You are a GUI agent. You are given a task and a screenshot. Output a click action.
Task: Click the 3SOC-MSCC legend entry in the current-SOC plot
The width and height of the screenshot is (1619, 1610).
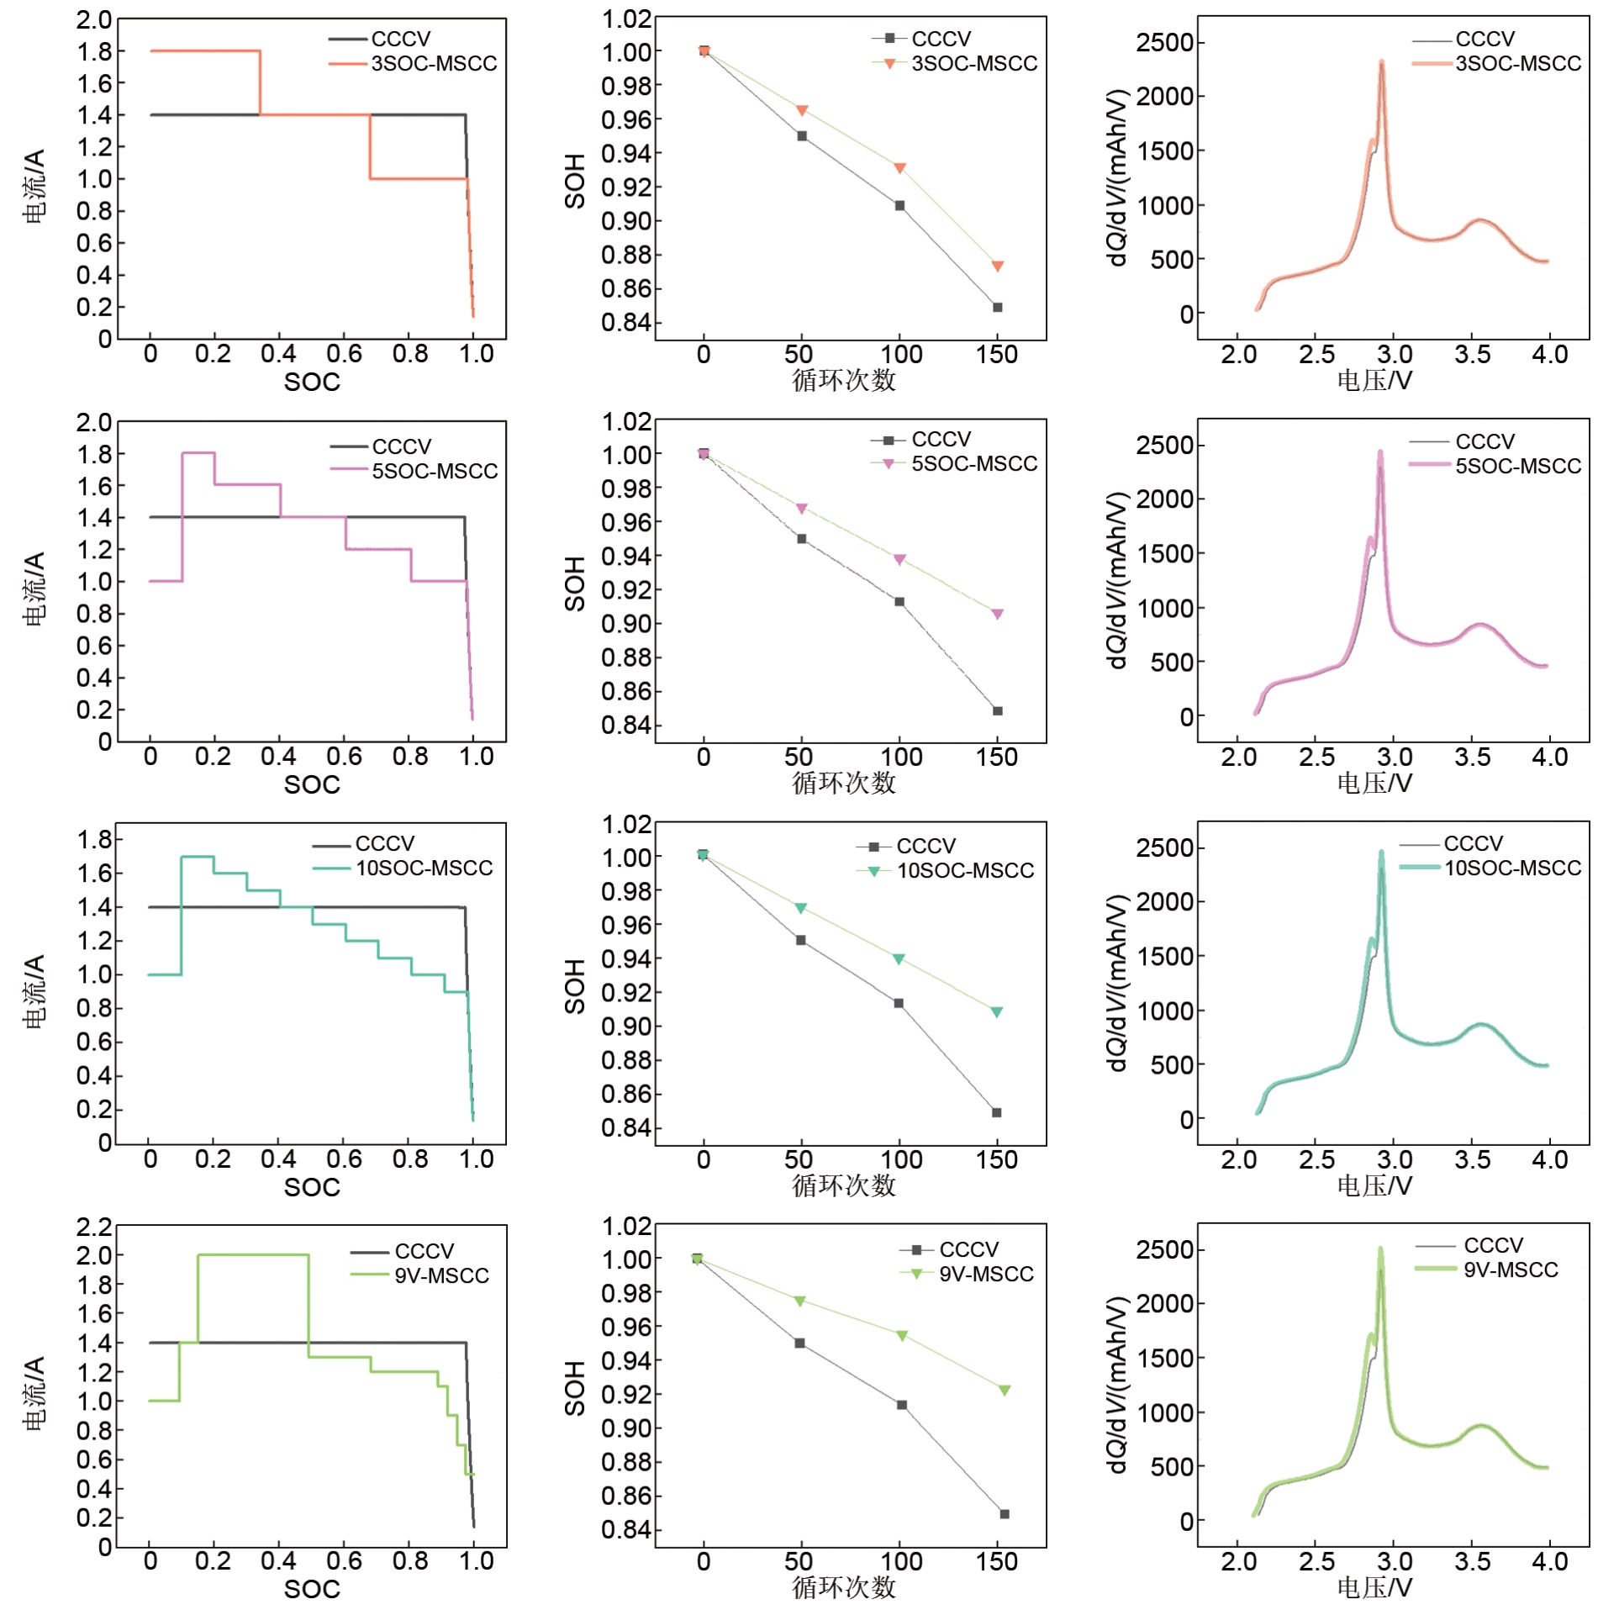coord(433,64)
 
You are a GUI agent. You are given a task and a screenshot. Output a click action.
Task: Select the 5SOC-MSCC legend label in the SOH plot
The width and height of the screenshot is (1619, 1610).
coord(973,464)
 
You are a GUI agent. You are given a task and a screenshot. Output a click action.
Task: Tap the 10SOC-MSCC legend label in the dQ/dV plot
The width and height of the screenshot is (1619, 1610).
coord(1511,868)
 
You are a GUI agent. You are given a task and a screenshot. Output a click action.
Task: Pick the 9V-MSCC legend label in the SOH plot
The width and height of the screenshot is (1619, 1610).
coord(985,1274)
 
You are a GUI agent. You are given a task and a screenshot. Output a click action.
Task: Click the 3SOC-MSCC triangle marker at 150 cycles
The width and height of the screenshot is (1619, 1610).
coord(997,267)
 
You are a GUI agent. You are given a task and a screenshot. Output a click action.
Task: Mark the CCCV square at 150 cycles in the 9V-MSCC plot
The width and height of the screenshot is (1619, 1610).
coord(1004,1513)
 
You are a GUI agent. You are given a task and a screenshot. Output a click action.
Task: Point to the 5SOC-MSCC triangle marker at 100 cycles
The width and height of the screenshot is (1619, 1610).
coord(899,560)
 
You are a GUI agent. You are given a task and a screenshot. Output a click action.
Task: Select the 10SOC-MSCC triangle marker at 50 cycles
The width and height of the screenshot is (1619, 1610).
coord(800,908)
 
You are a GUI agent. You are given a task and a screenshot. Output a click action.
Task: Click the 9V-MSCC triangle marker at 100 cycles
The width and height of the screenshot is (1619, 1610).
coord(901,1336)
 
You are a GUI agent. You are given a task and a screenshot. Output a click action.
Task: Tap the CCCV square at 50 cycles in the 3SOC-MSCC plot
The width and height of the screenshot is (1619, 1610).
coord(801,136)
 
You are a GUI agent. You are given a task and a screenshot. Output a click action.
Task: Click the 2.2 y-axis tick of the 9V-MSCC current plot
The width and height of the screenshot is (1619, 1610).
coord(93,1227)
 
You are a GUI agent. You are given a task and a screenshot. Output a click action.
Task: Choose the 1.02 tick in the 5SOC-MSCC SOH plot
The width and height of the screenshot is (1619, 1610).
coord(626,421)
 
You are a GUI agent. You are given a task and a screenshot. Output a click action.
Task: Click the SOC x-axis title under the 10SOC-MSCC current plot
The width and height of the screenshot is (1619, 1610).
coord(312,1187)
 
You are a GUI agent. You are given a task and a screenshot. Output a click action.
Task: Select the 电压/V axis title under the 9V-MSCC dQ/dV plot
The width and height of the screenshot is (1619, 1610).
coord(1374,1587)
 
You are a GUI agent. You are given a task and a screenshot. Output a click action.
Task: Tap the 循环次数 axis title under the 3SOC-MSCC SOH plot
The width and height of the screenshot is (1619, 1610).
coord(843,381)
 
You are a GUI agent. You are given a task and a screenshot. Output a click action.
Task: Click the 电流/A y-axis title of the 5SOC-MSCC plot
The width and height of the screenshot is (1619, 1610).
coord(34,589)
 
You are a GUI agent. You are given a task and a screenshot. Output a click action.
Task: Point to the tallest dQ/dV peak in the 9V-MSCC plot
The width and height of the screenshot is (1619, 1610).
coord(1379,1249)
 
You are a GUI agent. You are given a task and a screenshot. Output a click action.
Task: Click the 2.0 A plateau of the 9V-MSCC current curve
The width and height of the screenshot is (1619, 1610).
coord(252,1255)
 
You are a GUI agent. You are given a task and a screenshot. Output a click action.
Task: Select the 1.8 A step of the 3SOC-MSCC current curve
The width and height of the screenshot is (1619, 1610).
coord(205,51)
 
